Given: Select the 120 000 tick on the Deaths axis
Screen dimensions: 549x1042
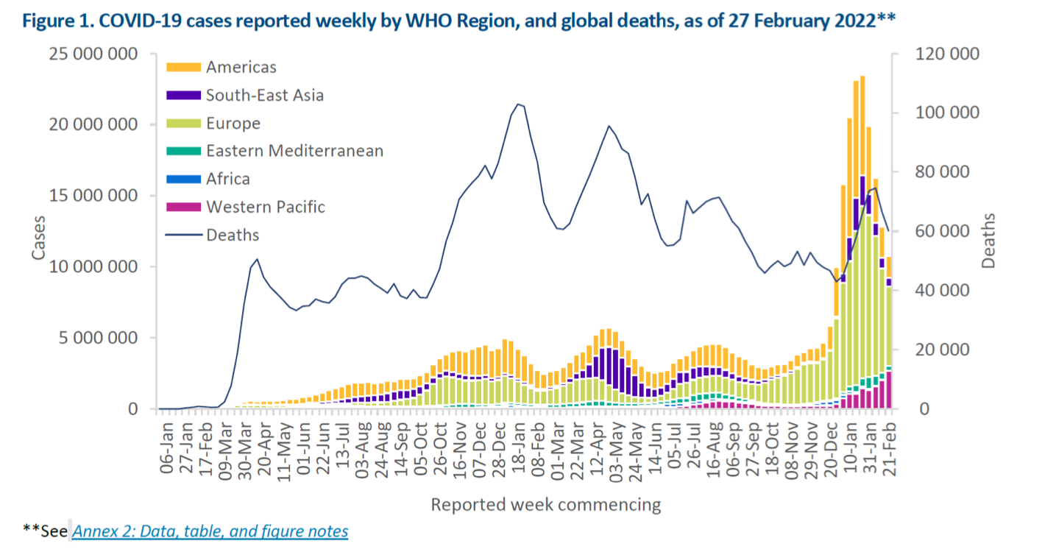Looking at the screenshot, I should pyautogui.click(x=945, y=54).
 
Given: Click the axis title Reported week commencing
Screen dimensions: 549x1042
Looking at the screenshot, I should pyautogui.click(x=545, y=505).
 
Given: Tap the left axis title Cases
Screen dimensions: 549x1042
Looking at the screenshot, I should pyautogui.click(x=38, y=237).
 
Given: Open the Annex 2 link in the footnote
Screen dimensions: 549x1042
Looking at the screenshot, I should pyautogui.click(x=210, y=531).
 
